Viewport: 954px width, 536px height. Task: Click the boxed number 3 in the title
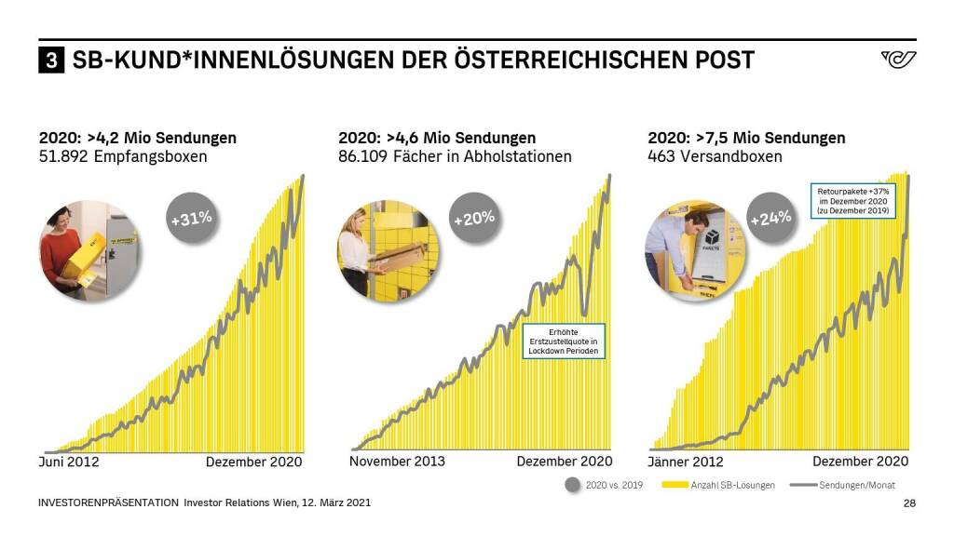pyautogui.click(x=51, y=61)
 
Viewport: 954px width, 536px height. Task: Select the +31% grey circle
pyautogui.click(x=191, y=220)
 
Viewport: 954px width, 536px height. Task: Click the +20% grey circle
pyautogui.click(x=473, y=220)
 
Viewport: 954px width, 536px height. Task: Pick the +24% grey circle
pyautogui.click(x=770, y=218)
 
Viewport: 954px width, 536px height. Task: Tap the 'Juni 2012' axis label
pyautogui.click(x=69, y=462)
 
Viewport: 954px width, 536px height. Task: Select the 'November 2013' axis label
pyautogui.click(x=397, y=462)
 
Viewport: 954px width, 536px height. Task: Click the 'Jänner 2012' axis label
pyautogui.click(x=685, y=462)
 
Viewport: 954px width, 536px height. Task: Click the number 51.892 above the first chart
pyautogui.click(x=62, y=156)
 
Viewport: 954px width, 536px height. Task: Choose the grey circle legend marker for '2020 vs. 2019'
pyautogui.click(x=572, y=485)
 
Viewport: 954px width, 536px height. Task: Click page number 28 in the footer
pyautogui.click(x=909, y=503)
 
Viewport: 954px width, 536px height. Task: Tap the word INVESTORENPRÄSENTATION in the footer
pyautogui.click(x=108, y=503)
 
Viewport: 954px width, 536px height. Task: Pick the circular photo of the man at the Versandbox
pyautogui.click(x=687, y=251)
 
